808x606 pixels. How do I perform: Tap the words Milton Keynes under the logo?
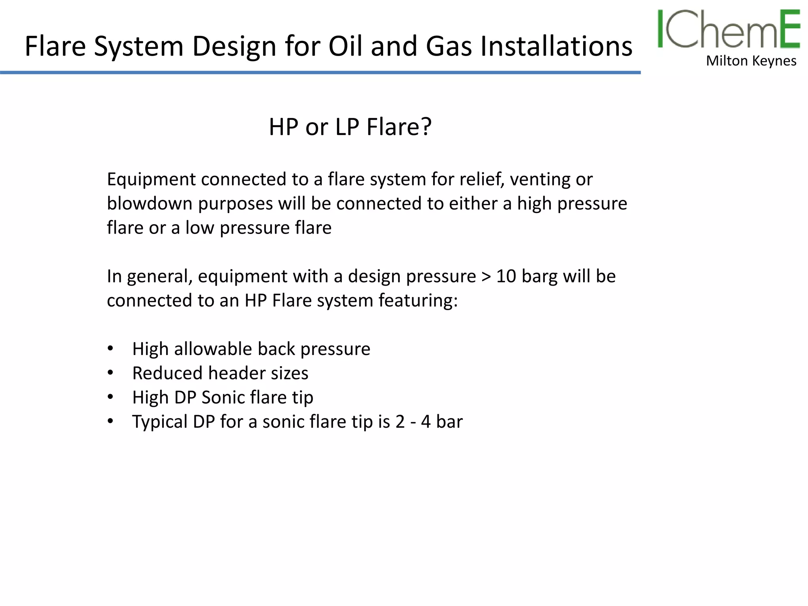coord(751,61)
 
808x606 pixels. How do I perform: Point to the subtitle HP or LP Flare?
coord(350,127)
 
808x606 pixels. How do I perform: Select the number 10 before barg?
coord(506,276)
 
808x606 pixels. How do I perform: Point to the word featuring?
coord(418,301)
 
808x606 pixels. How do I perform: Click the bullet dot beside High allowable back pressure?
coord(110,348)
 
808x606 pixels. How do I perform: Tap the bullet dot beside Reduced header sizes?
coord(110,373)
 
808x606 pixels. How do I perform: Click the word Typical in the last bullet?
coord(160,422)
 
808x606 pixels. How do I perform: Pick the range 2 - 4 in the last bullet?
coord(413,422)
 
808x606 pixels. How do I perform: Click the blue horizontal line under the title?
coord(320,73)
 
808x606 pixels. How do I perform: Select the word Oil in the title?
coord(346,46)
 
